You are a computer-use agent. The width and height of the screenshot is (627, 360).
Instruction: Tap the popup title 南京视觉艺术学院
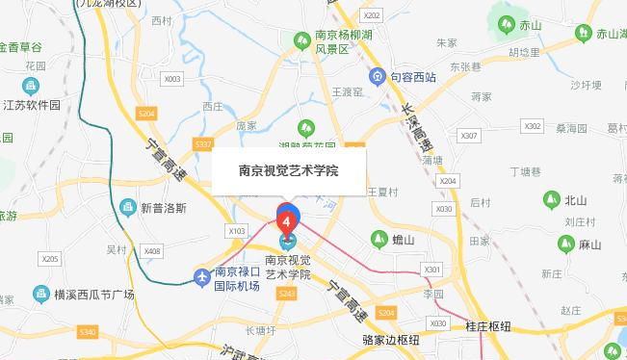click(x=288, y=171)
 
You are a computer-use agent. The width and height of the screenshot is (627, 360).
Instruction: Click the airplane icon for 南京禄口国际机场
click(x=201, y=277)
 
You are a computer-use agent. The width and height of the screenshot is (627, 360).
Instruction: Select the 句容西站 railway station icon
click(x=381, y=76)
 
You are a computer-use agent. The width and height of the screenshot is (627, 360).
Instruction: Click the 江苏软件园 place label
click(x=31, y=104)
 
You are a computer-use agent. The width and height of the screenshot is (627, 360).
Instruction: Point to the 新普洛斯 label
click(x=165, y=207)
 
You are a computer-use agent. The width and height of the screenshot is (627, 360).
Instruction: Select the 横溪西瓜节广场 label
click(x=95, y=294)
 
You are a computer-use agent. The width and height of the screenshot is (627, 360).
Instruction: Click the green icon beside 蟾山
click(x=376, y=239)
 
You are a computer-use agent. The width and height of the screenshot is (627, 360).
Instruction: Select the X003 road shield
click(x=172, y=79)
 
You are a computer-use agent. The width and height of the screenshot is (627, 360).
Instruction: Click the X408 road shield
click(x=151, y=251)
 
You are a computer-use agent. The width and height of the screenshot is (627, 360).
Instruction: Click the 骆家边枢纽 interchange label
click(x=391, y=340)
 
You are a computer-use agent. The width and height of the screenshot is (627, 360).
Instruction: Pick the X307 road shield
click(x=469, y=136)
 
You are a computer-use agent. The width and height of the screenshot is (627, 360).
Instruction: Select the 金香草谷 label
click(x=35, y=46)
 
